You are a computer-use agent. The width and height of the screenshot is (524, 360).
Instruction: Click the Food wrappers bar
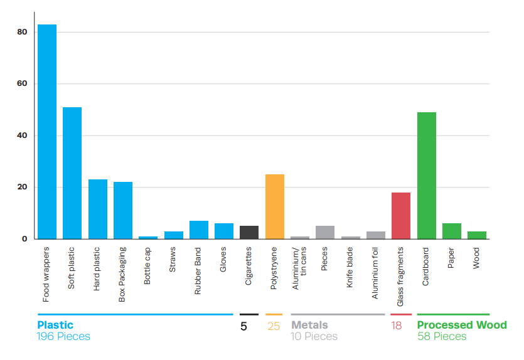click(x=47, y=132)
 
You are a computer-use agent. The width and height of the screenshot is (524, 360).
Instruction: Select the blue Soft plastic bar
click(x=72, y=173)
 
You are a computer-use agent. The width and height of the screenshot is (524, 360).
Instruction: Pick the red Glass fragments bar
click(x=401, y=216)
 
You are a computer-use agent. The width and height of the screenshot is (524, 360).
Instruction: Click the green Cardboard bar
click(x=427, y=176)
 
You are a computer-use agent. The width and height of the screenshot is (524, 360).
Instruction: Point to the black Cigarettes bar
click(x=249, y=233)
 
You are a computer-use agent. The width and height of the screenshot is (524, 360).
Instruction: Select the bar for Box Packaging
click(x=123, y=211)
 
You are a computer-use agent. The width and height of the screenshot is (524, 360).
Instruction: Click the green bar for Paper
click(x=452, y=231)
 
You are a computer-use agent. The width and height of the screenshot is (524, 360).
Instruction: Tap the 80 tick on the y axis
click(x=23, y=32)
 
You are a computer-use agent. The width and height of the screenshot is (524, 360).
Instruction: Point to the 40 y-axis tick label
click(x=23, y=135)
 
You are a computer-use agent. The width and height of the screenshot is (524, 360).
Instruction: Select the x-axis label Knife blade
click(x=350, y=271)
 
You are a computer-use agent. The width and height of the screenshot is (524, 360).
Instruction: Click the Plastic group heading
click(x=55, y=325)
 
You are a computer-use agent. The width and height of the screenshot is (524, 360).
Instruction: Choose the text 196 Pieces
click(x=64, y=337)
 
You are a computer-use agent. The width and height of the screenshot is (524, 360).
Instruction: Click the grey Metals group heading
click(x=309, y=325)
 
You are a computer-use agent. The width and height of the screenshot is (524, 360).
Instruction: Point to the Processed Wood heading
click(x=462, y=325)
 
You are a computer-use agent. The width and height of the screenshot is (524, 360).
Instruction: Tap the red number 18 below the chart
click(x=397, y=326)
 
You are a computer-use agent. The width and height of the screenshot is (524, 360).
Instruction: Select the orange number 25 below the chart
click(x=274, y=326)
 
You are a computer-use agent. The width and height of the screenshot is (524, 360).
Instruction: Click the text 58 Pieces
click(x=442, y=337)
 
